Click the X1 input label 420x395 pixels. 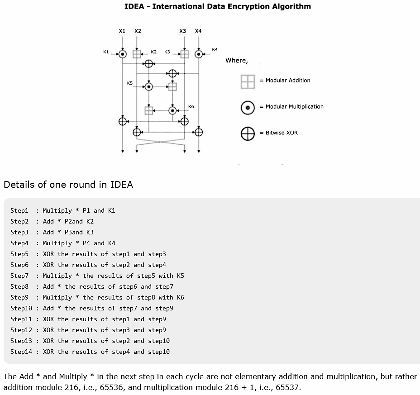122,31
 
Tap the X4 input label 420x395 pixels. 198,31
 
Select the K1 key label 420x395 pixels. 106,52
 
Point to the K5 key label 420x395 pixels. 130,83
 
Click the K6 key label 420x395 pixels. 191,107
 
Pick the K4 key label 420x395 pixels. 215,49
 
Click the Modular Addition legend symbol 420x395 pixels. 248,81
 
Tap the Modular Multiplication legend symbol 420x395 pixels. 248,107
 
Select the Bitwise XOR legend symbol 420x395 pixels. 248,133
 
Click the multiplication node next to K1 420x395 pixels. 122,54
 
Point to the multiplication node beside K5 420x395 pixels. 148,86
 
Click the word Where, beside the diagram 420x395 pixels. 237,61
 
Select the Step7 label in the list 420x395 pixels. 19,276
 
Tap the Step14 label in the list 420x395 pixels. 21,352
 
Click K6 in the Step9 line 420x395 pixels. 180,297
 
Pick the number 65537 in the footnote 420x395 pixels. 289,387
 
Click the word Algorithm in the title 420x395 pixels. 292,6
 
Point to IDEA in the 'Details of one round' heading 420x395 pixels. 122,185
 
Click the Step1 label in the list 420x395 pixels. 19,210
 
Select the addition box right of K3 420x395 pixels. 184,54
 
